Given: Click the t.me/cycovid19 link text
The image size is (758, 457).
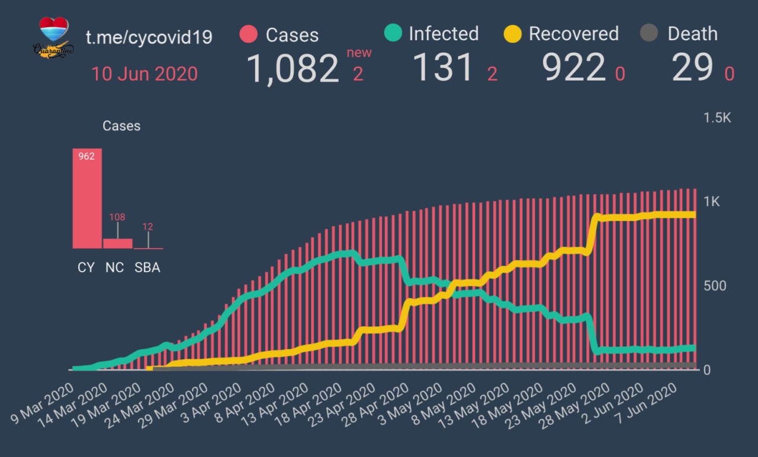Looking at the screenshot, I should coord(149,37).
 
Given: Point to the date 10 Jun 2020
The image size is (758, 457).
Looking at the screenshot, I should coord(144,74).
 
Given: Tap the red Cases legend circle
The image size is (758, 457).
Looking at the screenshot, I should coord(249,34).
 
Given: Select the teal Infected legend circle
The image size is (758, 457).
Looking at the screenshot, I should coord(393,33).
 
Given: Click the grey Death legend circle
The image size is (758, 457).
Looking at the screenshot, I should coord(650,34).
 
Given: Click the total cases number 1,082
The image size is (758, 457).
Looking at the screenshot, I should coord(292,69).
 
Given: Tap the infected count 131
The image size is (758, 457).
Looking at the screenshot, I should coord(443,67).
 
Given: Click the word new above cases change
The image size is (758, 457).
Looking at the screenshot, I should coord(359,53).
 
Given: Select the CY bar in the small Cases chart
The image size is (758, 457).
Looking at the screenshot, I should coord(87,198).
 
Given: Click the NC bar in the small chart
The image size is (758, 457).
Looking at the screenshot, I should coord(117,243).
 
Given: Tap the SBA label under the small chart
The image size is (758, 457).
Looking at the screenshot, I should coord(147,268).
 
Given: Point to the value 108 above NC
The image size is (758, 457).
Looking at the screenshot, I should coord(117,217).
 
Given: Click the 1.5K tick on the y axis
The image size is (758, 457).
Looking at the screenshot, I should coord(717,118).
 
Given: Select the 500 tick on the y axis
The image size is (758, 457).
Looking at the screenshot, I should coord(715,286).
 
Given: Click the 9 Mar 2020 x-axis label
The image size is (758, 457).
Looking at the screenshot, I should coord(41,409).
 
